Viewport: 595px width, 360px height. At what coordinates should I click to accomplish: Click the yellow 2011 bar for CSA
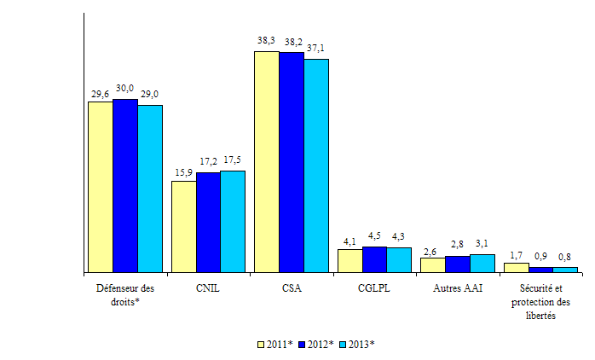(266, 162)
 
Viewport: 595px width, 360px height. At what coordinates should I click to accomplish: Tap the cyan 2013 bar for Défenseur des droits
(150, 189)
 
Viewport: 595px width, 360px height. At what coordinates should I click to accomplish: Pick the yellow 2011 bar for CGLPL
(349, 261)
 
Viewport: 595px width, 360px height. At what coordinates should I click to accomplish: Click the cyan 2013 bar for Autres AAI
(482, 264)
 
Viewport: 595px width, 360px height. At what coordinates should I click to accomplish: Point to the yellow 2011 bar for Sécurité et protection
(516, 268)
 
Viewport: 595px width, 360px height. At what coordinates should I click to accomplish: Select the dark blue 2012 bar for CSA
(291, 162)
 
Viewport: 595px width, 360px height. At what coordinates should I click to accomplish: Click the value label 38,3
(266, 40)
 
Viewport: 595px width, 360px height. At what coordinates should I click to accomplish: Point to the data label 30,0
(124, 88)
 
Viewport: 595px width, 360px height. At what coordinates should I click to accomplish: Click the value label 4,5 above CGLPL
(373, 236)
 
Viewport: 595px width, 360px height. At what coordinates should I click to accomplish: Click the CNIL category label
(208, 288)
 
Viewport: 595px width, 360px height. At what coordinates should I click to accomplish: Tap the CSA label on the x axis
(291, 288)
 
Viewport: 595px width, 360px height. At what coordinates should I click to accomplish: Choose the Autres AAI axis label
(457, 288)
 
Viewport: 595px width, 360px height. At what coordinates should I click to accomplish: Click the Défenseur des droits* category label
(124, 294)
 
